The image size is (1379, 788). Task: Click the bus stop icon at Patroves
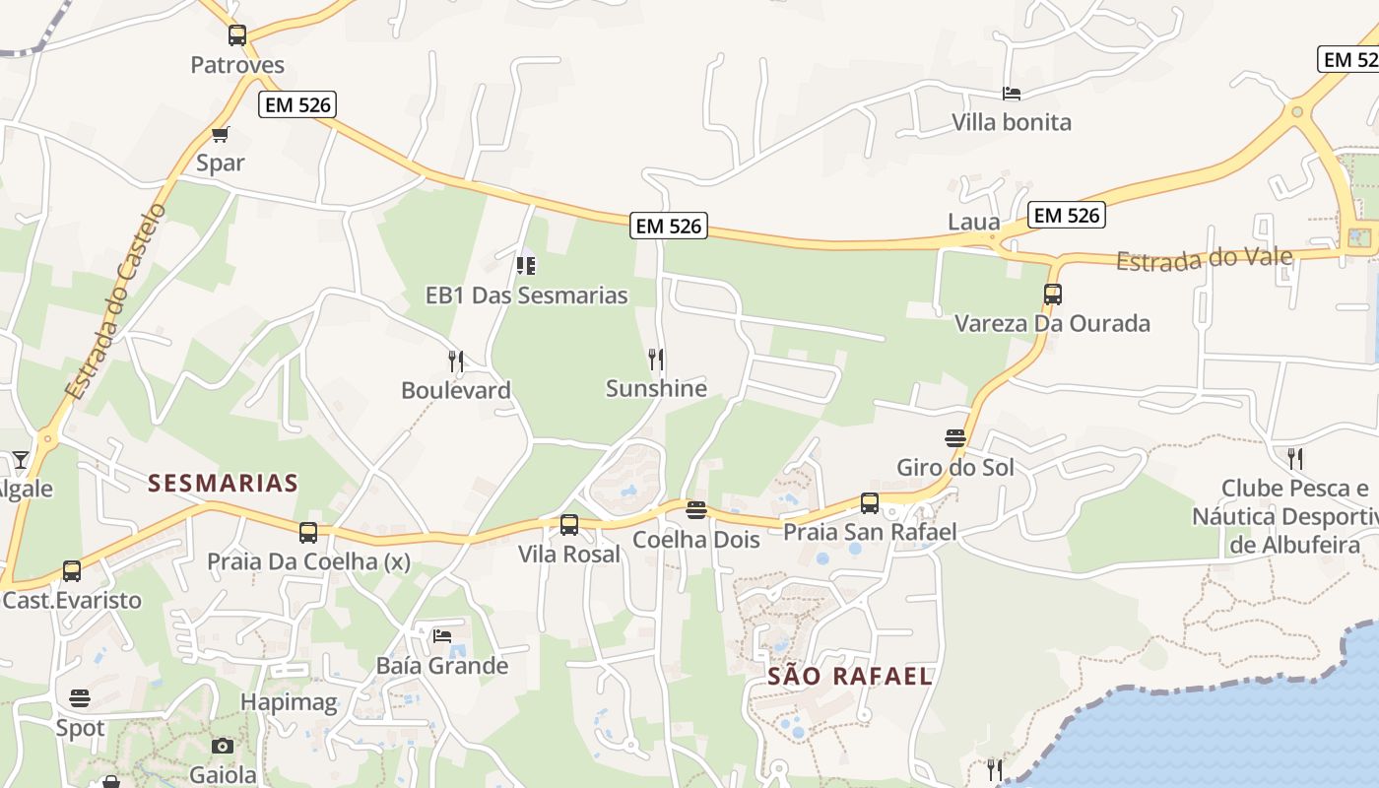[237, 35]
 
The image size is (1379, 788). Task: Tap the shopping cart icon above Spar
[220, 134]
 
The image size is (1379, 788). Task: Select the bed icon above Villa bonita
[1012, 94]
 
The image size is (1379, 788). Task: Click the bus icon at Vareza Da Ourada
[1052, 294]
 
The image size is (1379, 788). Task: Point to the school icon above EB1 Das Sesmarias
[526, 265]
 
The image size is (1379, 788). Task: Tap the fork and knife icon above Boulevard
[455, 361]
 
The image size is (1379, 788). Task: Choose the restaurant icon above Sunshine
[656, 359]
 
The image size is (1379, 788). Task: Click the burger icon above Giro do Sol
[954, 437]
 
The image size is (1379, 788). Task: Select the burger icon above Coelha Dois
[696, 509]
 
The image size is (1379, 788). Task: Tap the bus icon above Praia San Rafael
[870, 502]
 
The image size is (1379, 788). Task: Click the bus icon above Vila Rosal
[569, 524]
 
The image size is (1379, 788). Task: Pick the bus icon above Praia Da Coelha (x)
[308, 532]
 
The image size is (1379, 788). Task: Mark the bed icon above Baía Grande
[442, 635]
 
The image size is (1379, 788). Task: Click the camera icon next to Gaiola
[223, 746]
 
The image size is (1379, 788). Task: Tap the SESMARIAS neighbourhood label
[223, 483]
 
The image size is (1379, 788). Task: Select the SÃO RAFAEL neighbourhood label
[849, 676]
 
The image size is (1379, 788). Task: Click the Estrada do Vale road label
[1204, 259]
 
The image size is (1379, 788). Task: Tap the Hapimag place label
[290, 702]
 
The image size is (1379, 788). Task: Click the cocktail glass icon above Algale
[20, 459]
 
